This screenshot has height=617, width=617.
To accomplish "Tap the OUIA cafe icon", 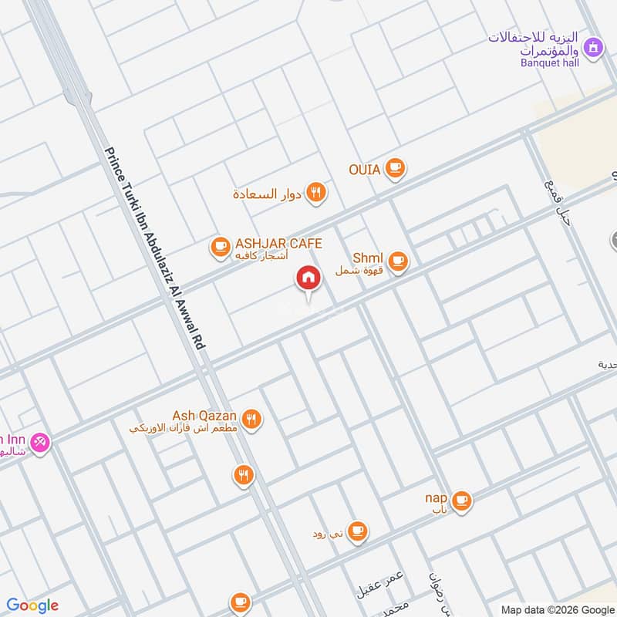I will point(395,167).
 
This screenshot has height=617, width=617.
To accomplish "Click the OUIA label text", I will point(364,169).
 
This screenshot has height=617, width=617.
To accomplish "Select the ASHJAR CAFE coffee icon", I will point(221,247).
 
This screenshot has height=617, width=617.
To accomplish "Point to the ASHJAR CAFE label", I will point(278,244).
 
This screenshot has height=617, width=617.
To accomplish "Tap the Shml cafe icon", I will point(398,261).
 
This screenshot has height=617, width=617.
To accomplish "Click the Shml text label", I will point(368,258).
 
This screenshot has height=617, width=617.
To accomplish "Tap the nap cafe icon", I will point(461,501).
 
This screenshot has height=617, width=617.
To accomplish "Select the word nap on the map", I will point(437,497).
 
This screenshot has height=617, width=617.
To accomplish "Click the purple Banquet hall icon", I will point(592,49).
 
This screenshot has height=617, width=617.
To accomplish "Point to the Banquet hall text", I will point(550,62).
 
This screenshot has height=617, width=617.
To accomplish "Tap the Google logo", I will point(32,605).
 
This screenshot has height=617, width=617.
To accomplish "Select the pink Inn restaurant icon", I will point(40,443).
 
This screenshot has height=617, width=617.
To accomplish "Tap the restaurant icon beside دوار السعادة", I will point(315,193).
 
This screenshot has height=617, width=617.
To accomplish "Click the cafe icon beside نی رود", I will point(356,531).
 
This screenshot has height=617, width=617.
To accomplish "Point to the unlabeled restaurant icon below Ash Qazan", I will point(244,474).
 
